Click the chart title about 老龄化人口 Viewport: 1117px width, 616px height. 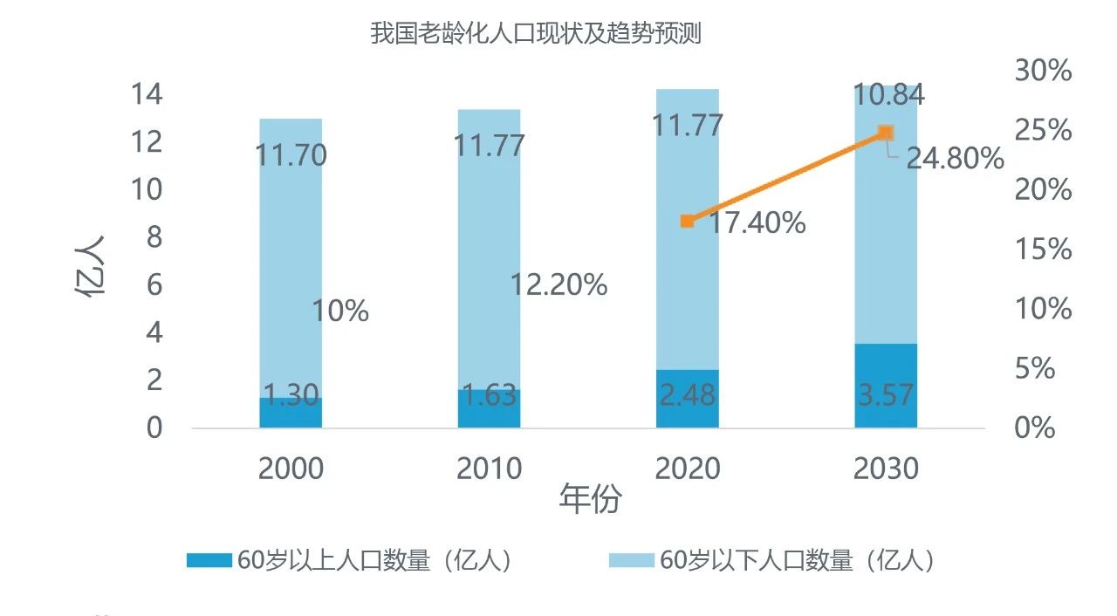click(536, 35)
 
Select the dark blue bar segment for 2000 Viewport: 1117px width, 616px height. click(291, 413)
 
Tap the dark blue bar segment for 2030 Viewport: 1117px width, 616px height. click(886, 385)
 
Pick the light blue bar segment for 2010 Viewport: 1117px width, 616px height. click(489, 253)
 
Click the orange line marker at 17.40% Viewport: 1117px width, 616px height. click(687, 221)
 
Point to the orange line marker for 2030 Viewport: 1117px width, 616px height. click(886, 133)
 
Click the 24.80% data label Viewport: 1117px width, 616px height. click(955, 159)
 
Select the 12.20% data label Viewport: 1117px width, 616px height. click(558, 284)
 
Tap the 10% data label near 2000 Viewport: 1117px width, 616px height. click(340, 311)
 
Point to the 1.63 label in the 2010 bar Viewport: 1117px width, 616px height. click(489, 395)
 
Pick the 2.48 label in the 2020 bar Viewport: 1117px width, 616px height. click(687, 394)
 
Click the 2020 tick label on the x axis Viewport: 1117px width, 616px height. click(688, 469)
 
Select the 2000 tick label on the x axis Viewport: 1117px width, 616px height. click(291, 469)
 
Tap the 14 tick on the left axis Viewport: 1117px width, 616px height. click(146, 93)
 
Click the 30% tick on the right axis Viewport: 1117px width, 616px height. click(1043, 71)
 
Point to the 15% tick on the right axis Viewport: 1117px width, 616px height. click(1043, 250)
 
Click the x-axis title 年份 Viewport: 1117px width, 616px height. click(591, 500)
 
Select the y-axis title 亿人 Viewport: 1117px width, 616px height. click(90, 266)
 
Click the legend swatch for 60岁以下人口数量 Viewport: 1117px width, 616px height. click(631, 560)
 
